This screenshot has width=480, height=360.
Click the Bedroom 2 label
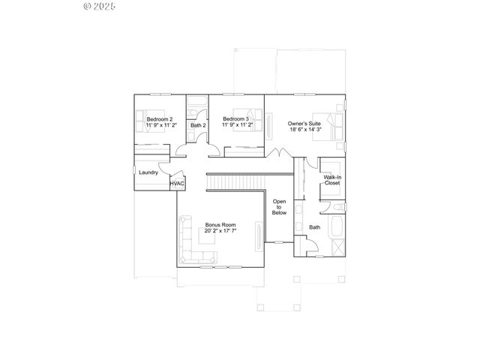[160, 119]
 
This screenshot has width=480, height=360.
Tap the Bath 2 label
[197, 125]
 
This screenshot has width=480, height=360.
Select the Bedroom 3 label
[238, 119]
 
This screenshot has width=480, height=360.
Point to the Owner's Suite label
[304, 123]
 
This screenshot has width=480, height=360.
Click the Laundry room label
[148, 173]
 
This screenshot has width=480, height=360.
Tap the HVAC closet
[177, 184]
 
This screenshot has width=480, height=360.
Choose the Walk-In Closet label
[331, 180]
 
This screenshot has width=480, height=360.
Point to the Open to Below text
[279, 207]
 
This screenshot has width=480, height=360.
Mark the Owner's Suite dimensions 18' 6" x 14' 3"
[304, 130]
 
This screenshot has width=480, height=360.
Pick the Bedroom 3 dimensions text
[238, 125]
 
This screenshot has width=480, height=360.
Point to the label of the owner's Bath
[314, 227]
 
